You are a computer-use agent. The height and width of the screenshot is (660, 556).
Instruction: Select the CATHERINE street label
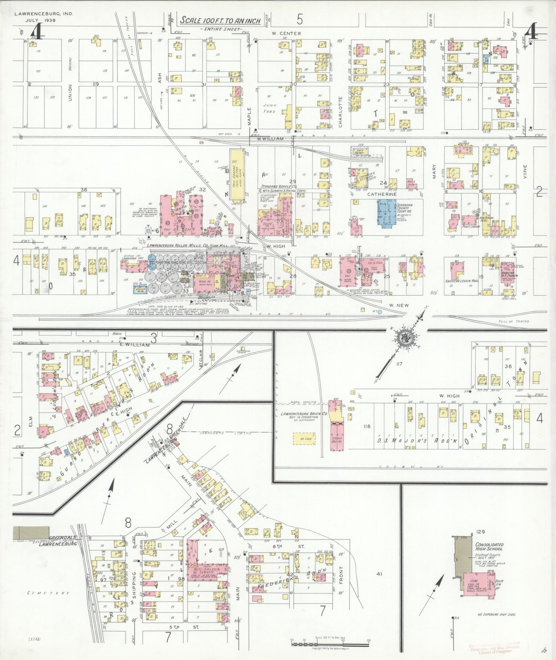[382, 195]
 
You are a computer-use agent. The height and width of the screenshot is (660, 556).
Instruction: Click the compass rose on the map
[404, 338]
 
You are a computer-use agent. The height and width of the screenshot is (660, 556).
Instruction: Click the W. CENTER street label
[286, 34]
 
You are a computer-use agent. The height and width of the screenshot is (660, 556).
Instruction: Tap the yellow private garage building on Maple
[237, 174]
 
